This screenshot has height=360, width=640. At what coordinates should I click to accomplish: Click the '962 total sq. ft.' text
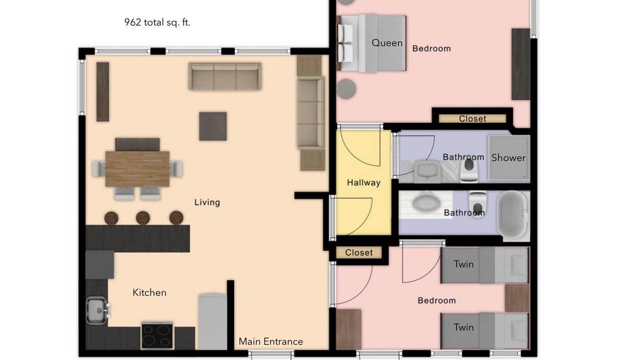click(x=157, y=22)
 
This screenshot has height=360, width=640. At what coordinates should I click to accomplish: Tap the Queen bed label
click(x=387, y=43)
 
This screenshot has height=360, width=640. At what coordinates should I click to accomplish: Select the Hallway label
click(x=363, y=182)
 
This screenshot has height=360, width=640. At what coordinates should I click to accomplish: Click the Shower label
click(x=508, y=157)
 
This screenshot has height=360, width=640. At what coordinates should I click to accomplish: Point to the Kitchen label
click(x=149, y=292)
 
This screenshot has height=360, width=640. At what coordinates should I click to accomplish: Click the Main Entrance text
click(x=271, y=341)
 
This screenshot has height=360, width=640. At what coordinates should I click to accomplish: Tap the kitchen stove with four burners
click(x=157, y=335)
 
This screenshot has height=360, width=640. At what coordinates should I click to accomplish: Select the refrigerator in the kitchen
click(x=213, y=321)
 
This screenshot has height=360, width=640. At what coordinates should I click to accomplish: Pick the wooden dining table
click(x=137, y=169)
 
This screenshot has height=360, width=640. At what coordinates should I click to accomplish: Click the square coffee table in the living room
click(x=213, y=126)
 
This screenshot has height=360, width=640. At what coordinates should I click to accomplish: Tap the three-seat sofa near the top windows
click(x=225, y=76)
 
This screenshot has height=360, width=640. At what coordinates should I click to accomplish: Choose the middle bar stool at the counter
click(x=143, y=218)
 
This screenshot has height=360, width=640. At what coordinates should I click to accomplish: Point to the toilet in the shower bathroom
click(x=469, y=170)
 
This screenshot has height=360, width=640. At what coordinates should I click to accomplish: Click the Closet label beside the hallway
click(x=359, y=252)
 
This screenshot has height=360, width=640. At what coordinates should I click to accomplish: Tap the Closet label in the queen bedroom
click(x=472, y=118)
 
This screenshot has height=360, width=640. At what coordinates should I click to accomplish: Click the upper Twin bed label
click(x=463, y=264)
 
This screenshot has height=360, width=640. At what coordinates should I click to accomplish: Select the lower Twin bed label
click(x=463, y=327)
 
